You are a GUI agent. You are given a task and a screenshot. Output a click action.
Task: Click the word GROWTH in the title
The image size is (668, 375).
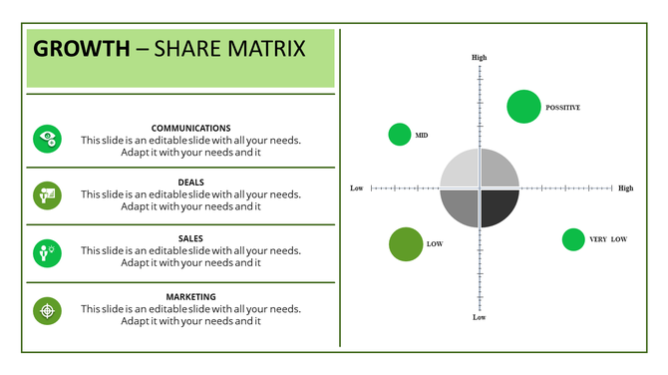(x=81, y=48)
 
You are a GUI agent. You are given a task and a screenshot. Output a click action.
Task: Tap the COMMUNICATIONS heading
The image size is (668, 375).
(x=190, y=128)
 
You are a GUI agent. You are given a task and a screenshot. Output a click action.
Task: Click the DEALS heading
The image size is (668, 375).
(x=190, y=183)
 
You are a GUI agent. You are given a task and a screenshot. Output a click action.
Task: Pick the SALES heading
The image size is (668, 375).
(x=190, y=238)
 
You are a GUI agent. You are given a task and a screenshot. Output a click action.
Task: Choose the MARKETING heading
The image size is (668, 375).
(x=190, y=296)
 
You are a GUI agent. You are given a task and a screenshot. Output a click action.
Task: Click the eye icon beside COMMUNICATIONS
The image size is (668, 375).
(x=47, y=139)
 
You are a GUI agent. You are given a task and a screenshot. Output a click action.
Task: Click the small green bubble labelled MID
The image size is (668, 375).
(x=400, y=135)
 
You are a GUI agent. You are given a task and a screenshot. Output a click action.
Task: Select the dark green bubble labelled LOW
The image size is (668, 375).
(x=406, y=244)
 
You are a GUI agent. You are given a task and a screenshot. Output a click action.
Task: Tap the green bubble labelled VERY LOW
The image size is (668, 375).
(x=573, y=239)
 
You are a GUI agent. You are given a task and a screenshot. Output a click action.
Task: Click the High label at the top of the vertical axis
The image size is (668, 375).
(x=480, y=58)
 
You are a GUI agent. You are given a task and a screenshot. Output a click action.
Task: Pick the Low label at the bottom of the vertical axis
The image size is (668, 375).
(x=480, y=317)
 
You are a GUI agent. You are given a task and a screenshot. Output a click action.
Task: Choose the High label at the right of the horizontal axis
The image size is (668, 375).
(x=625, y=187)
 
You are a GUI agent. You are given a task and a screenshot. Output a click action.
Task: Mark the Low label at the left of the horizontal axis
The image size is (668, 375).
(x=357, y=187)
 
